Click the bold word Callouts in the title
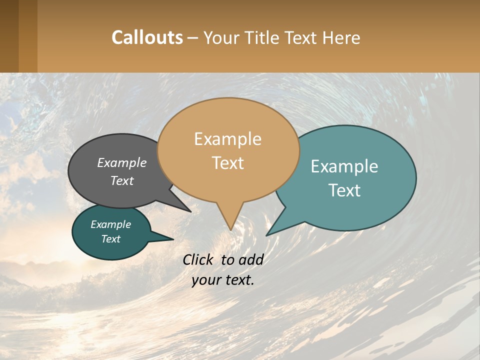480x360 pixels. [x=147, y=37]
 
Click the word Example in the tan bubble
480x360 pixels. [x=227, y=139]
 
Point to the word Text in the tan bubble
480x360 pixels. [x=227, y=163]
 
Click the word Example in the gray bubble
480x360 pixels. [x=122, y=163]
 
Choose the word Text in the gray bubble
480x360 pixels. [x=122, y=180]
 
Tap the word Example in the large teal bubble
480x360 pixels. [x=344, y=166]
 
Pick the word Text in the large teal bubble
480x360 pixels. [x=344, y=190]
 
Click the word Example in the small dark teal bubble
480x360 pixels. [x=110, y=224]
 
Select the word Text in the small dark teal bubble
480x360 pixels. [x=110, y=239]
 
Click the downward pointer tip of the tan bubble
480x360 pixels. [x=230, y=229]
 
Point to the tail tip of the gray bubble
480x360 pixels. [x=190, y=211]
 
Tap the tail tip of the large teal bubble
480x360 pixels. [x=266, y=235]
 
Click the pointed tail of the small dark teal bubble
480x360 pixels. [x=172, y=239]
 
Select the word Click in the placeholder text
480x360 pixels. [x=198, y=259]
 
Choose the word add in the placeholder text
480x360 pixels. [x=251, y=259]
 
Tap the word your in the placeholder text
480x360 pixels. [x=205, y=280]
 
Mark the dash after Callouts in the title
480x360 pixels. [x=193, y=37]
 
